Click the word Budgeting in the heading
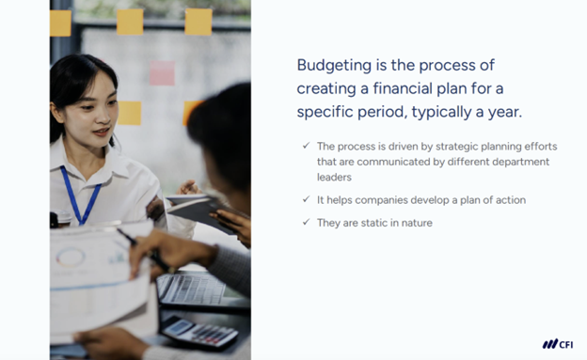(329, 65)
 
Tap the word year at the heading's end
(504, 112)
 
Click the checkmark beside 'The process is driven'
(306, 146)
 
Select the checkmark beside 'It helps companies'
(306, 199)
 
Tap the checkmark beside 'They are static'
(306, 223)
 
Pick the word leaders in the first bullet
(334, 177)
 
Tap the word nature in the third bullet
(416, 223)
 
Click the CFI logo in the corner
(557, 344)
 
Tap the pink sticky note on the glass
(163, 72)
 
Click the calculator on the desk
(198, 331)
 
